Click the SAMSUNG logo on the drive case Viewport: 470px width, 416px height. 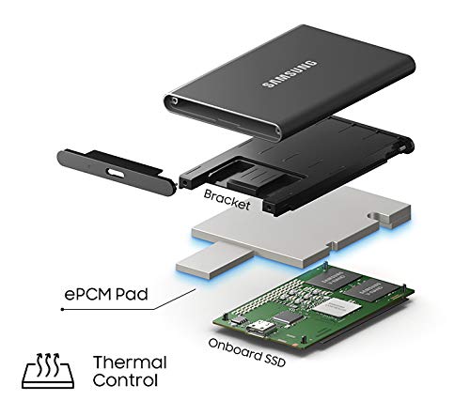point(290,74)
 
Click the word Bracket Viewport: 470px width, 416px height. point(227,199)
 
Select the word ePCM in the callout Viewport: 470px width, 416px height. point(86,294)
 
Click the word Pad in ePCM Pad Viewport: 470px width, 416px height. point(132,294)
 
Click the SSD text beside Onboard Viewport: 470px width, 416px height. point(275,360)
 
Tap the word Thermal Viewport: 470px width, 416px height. point(130,362)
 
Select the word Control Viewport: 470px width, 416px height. point(125,380)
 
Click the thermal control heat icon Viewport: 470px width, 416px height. point(48,371)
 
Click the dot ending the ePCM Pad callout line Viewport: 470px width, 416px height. point(62,309)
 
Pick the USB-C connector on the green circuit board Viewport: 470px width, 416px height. point(260,329)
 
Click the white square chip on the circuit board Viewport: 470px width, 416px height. point(336,306)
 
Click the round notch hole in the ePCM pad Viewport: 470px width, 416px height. point(375,216)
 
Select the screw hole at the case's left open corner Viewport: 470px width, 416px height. point(174,100)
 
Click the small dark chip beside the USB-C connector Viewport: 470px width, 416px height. point(287,316)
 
